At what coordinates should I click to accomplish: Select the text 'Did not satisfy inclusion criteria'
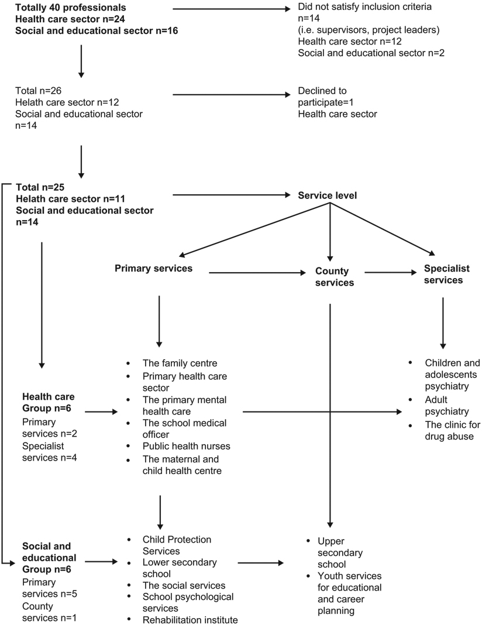click(364, 8)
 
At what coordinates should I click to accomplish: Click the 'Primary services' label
click(154, 269)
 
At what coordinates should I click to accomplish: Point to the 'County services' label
click(332, 277)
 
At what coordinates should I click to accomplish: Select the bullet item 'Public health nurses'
click(186, 446)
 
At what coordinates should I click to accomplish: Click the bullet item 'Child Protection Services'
click(177, 545)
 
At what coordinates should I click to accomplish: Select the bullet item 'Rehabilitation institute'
click(190, 620)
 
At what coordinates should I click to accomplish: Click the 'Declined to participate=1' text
click(322, 97)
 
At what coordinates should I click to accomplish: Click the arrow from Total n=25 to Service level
click(228, 195)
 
